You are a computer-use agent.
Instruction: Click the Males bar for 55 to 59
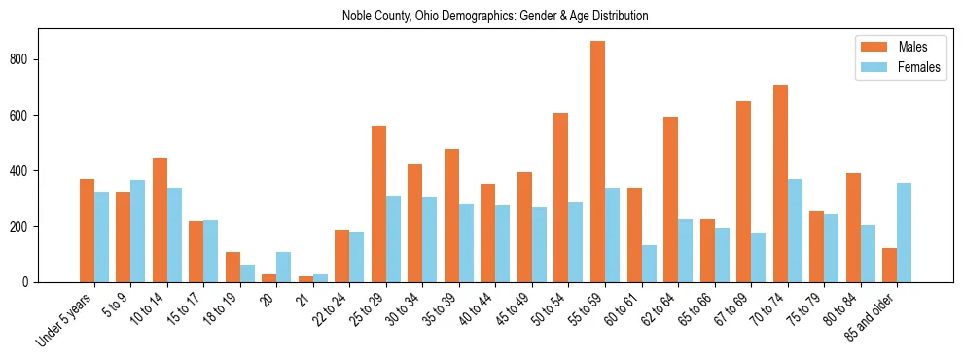click(597, 162)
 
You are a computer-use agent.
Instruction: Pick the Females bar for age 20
click(283, 267)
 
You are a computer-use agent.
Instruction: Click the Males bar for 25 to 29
click(378, 203)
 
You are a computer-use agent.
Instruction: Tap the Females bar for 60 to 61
click(648, 264)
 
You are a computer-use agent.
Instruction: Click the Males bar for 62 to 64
click(670, 199)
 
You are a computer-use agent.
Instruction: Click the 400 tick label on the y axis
click(26, 171)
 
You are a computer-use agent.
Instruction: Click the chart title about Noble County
click(495, 17)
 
